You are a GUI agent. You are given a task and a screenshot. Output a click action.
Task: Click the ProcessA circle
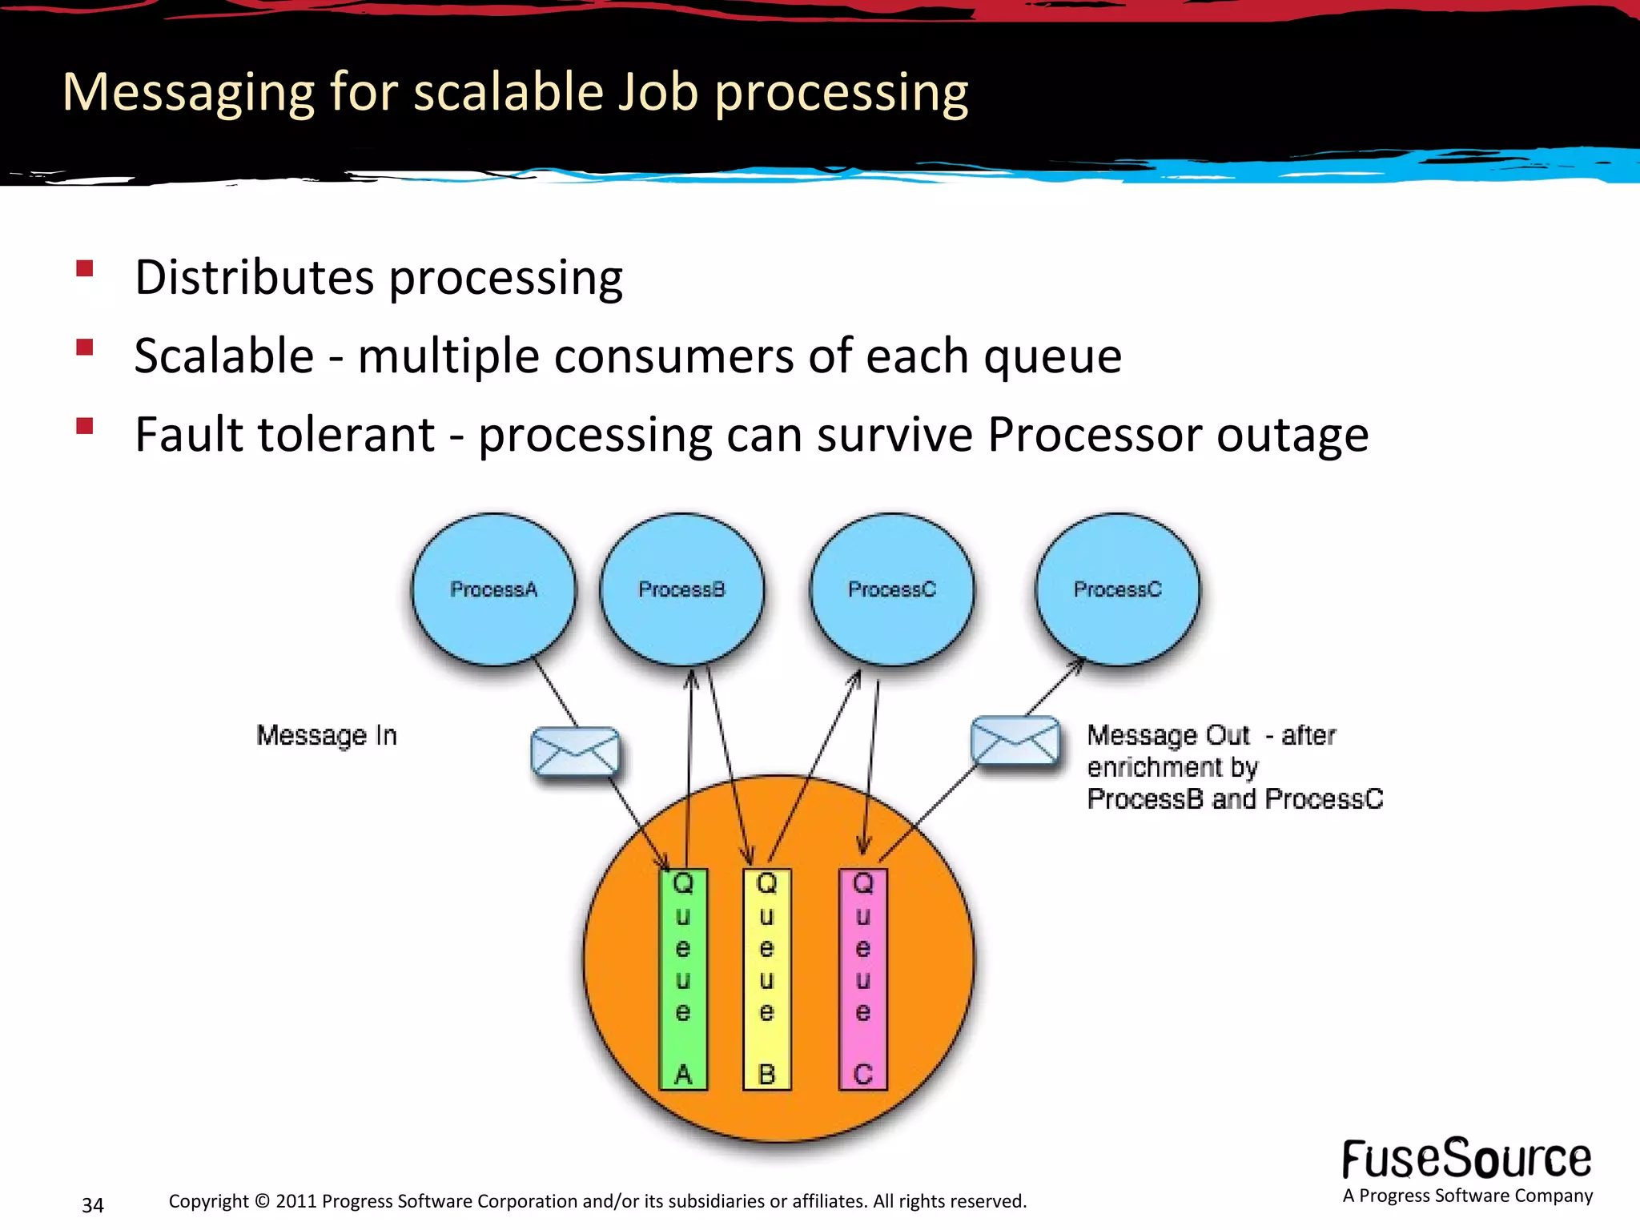coord(493,589)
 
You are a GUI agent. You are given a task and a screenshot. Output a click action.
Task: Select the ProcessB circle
coord(681,589)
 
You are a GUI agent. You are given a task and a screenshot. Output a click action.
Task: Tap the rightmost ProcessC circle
coord(1117,589)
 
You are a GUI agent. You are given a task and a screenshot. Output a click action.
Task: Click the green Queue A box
coord(683,979)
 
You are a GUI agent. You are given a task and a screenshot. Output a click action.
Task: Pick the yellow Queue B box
coord(767,979)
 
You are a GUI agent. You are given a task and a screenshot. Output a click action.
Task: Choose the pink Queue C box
coord(862,979)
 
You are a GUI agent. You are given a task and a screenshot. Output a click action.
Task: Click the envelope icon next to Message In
coord(575,751)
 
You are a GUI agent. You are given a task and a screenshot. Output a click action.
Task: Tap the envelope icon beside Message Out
coord(1014,740)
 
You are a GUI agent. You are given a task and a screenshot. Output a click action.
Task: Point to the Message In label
coord(327,735)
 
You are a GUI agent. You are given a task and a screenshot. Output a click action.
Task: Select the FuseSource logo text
coord(1466,1160)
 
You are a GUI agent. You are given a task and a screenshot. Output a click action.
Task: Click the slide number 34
coord(93,1205)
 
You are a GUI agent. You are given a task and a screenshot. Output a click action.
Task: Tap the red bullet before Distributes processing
coord(85,268)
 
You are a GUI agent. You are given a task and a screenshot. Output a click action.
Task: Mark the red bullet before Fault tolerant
coord(85,425)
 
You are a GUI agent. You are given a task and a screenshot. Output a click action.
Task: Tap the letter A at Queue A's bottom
coord(683,1074)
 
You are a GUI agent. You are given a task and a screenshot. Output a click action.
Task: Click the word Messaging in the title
coord(188,93)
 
